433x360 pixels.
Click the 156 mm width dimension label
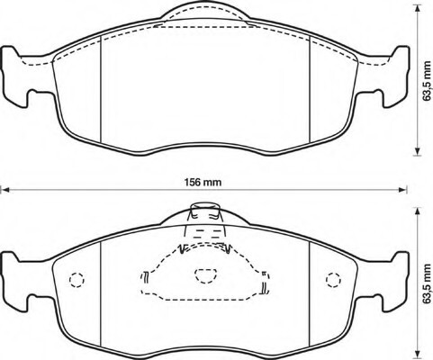point(203,182)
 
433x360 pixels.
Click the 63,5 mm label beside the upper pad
point(427,81)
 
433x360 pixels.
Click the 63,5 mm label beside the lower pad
point(427,283)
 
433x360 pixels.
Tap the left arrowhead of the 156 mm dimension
point(5,190)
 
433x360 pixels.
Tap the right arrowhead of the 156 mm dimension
point(402,190)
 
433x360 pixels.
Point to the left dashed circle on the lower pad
point(77,280)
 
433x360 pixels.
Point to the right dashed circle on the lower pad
point(333,280)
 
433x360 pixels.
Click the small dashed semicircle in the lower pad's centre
point(205,275)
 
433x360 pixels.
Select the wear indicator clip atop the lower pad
point(205,213)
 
